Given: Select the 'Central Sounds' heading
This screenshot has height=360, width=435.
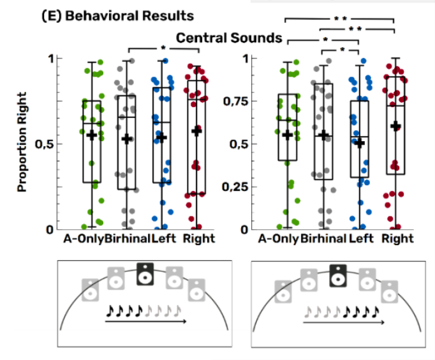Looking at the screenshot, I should (x=229, y=38).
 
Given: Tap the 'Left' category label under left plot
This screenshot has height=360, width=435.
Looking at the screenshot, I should (x=164, y=239).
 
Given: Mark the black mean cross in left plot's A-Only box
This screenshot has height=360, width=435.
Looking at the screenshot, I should (x=91, y=135).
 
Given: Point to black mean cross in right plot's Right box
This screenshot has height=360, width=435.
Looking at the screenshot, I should (x=395, y=126).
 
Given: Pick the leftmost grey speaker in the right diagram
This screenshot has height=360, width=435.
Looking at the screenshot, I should (x=283, y=291).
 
